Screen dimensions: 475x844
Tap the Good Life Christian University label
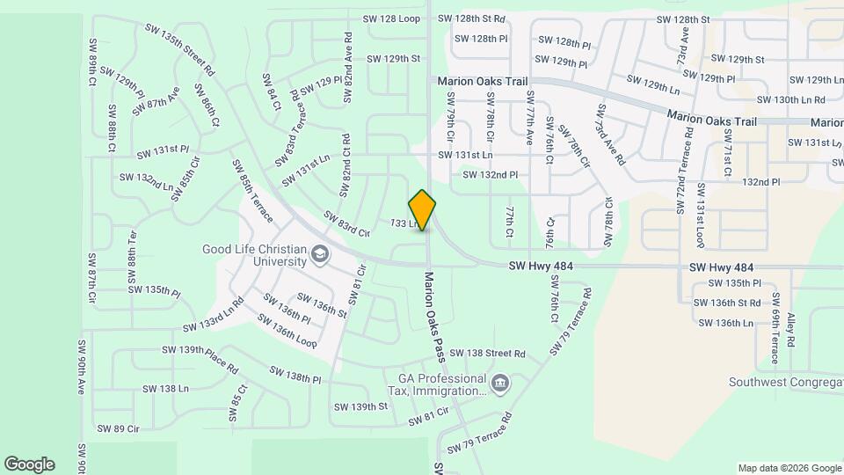pyautogui.click(x=254, y=255)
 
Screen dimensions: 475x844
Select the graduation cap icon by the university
pyautogui.click(x=320, y=256)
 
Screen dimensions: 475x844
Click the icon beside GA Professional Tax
pyautogui.click(x=499, y=383)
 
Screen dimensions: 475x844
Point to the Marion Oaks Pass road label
pyautogui.click(x=432, y=316)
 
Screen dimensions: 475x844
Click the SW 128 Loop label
pyautogui.click(x=391, y=18)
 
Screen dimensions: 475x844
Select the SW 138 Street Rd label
pyautogui.click(x=487, y=354)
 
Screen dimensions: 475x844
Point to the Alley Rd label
pyautogui.click(x=791, y=330)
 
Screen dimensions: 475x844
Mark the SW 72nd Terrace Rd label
pyautogui.click(x=684, y=171)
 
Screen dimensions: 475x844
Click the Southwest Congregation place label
pyautogui.click(x=785, y=382)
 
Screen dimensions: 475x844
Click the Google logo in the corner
pyautogui.click(x=29, y=464)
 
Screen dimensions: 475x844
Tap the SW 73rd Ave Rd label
pyautogui.click(x=610, y=135)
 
